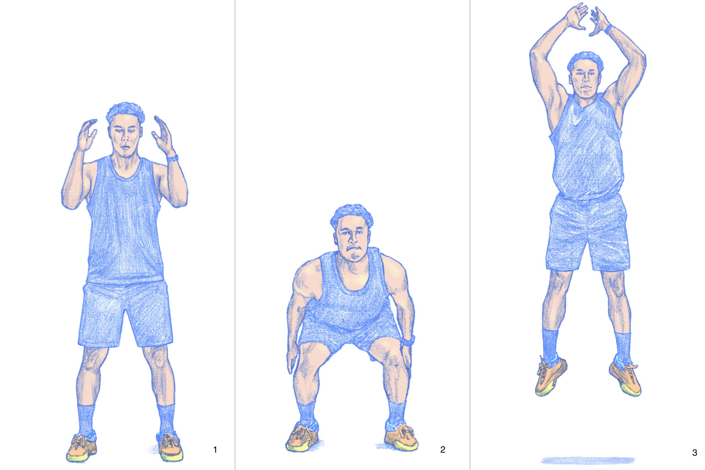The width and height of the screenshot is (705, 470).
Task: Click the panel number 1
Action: point(215,458)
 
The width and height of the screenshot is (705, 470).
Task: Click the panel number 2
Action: point(443,458)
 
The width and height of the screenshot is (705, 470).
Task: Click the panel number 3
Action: point(695,461)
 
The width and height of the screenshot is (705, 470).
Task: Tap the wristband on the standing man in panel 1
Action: point(172,158)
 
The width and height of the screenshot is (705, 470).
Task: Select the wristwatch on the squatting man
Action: point(408,340)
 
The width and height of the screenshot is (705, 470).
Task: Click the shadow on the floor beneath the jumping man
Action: point(588,460)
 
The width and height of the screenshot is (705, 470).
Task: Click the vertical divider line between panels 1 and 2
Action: point(235,235)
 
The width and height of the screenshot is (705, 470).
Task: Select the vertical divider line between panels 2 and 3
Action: point(470,235)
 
